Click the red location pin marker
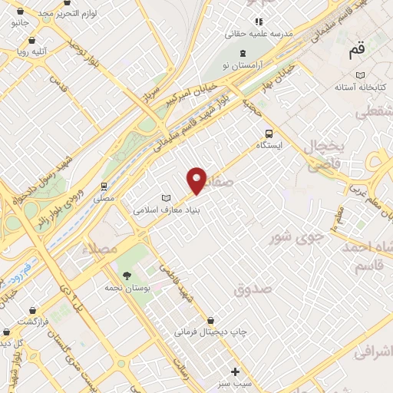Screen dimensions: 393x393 pyautogui.click(x=197, y=180)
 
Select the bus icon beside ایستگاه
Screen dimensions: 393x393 pyautogui.click(x=269, y=132)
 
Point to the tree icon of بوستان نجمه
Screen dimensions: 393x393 pyautogui.click(x=127, y=276)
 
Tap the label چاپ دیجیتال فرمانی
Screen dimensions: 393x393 pyautogui.click(x=210, y=332)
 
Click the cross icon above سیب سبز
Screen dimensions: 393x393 pyautogui.click(x=236, y=372)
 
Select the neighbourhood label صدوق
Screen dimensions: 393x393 pyautogui.click(x=253, y=289)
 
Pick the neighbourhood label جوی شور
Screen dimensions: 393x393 pyautogui.click(x=291, y=238)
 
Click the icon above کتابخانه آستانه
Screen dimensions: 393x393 pyautogui.click(x=360, y=75)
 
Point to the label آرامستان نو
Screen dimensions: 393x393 pyautogui.click(x=245, y=66)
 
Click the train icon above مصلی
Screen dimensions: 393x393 pyautogui.click(x=104, y=186)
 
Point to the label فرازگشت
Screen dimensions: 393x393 pyautogui.click(x=34, y=320)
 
